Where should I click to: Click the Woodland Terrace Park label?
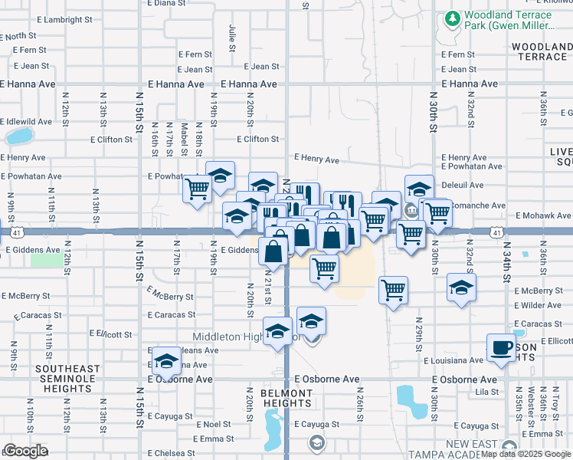508,21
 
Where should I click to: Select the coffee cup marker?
502,347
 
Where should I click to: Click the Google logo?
25,451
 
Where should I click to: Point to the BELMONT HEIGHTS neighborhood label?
287,399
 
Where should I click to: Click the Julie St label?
231,33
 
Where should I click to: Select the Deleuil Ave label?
462,185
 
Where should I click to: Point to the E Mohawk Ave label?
544,216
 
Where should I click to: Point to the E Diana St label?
169,3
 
